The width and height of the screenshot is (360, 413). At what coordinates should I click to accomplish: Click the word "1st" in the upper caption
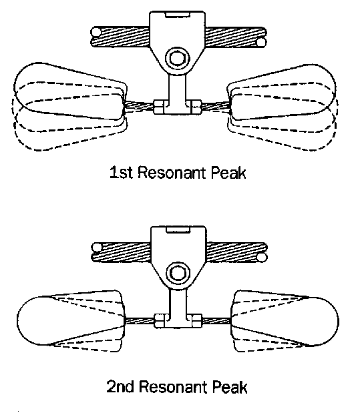(121, 173)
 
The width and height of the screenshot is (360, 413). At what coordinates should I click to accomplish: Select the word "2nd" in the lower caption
(120, 386)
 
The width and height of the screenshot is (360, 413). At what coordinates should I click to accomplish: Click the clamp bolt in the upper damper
(177, 58)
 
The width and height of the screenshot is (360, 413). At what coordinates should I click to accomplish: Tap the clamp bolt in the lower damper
(178, 273)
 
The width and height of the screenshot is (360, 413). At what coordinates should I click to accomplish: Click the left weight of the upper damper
(70, 91)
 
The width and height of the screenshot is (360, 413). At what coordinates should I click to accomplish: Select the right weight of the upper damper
(282, 92)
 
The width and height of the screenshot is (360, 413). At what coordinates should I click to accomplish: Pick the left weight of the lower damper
(71, 318)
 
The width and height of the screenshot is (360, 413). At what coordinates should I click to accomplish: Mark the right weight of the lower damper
(285, 318)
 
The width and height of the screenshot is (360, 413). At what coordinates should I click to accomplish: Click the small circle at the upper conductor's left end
(96, 32)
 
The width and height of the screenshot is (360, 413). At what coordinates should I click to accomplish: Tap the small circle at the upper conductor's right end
(261, 42)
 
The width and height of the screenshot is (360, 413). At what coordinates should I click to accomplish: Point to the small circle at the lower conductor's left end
(97, 248)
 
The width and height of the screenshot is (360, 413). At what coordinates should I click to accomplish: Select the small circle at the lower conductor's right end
(262, 258)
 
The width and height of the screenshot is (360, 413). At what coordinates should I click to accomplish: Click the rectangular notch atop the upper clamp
(177, 15)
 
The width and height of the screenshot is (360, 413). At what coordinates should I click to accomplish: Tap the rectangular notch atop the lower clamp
(178, 229)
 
